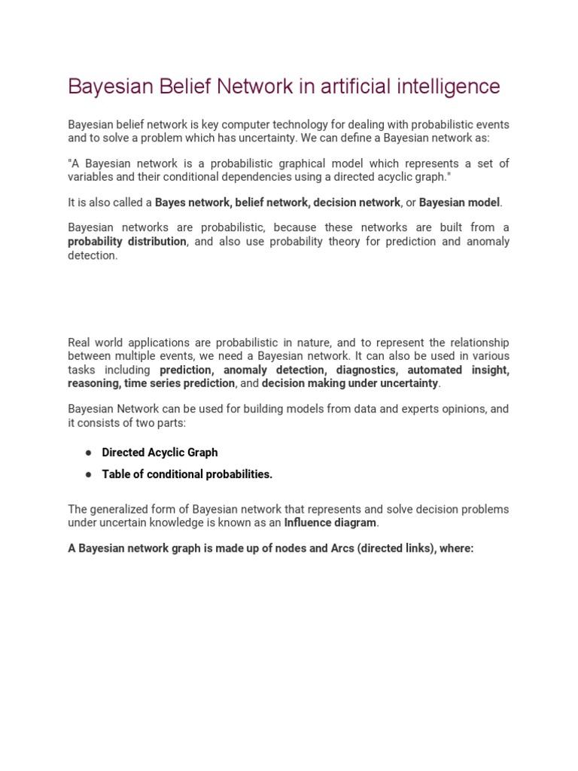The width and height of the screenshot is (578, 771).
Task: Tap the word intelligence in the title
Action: click(x=445, y=87)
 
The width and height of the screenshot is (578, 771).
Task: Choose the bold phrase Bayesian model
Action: click(x=459, y=203)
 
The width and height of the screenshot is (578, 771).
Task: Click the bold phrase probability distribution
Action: click(x=127, y=242)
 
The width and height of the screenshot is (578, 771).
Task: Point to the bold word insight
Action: click(x=490, y=370)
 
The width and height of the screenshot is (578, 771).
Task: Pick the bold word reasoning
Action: click(x=93, y=383)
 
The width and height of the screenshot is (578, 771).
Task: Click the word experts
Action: click(x=425, y=410)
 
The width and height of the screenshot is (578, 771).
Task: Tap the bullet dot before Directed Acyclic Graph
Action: click(x=88, y=453)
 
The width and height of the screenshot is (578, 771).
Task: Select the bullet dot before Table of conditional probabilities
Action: click(x=88, y=474)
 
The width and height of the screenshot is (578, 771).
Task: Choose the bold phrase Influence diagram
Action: click(x=330, y=523)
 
